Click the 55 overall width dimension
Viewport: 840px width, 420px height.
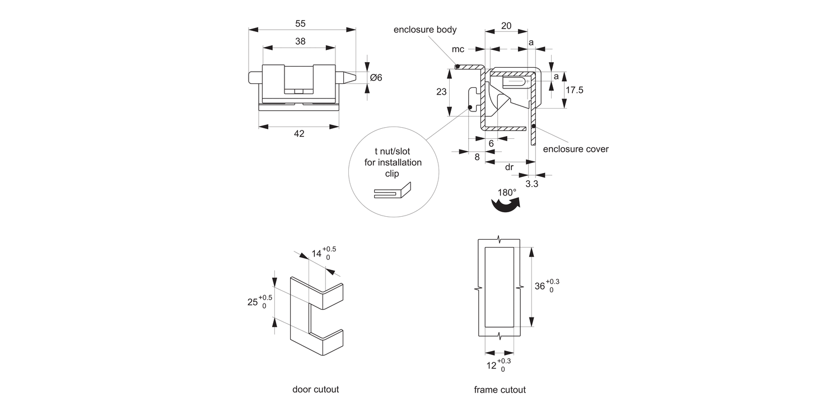[300, 24]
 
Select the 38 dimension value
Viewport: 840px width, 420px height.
[300, 41]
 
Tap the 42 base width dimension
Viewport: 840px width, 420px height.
[299, 133]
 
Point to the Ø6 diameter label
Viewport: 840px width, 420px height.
[376, 78]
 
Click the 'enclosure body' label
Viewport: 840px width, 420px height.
[425, 30]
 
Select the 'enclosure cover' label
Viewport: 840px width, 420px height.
[576, 149]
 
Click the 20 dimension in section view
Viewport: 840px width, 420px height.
[506, 26]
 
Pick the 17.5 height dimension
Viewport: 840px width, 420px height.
[575, 90]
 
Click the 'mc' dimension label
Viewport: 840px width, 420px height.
[458, 49]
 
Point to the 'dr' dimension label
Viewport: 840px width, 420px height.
[509, 167]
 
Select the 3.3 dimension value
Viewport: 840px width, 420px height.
[531, 184]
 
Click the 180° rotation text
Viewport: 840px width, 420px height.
[507, 193]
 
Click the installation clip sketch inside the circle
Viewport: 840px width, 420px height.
[392, 192]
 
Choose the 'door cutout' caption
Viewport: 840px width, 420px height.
[315, 389]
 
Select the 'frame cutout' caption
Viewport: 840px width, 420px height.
[500, 390]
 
